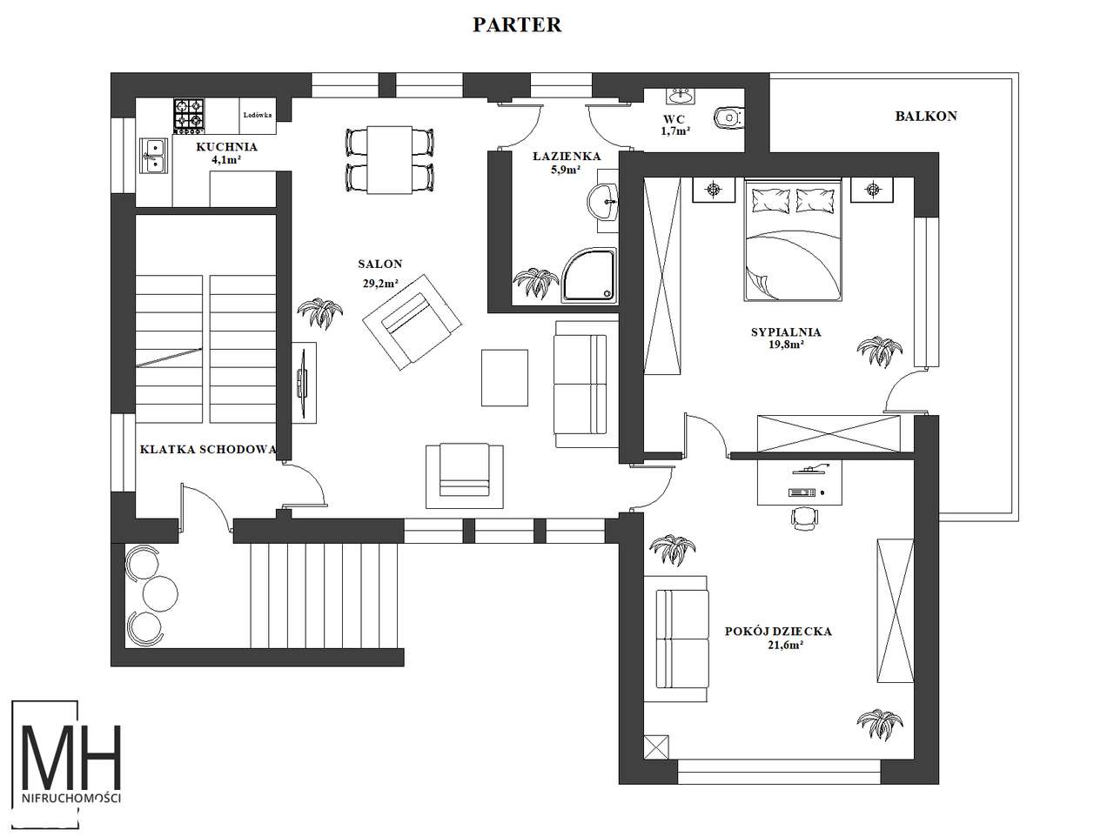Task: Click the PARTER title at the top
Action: [x=517, y=25]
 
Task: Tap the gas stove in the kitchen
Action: [x=190, y=114]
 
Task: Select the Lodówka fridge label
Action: [x=258, y=115]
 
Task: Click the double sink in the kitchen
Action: [x=154, y=156]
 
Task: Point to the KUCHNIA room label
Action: [x=227, y=147]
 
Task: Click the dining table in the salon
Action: [x=389, y=160]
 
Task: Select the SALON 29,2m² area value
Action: [x=380, y=284]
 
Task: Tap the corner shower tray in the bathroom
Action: [x=588, y=276]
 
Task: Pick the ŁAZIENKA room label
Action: [x=567, y=157]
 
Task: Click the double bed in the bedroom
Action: [x=793, y=239]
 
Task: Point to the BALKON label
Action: [x=926, y=117]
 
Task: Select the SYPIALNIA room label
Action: [x=786, y=332]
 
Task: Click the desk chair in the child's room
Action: [x=805, y=518]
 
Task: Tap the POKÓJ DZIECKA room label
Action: [x=778, y=632]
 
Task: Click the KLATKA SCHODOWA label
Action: [x=208, y=450]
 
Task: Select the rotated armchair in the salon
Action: [x=413, y=323]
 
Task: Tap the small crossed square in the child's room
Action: [x=656, y=747]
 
